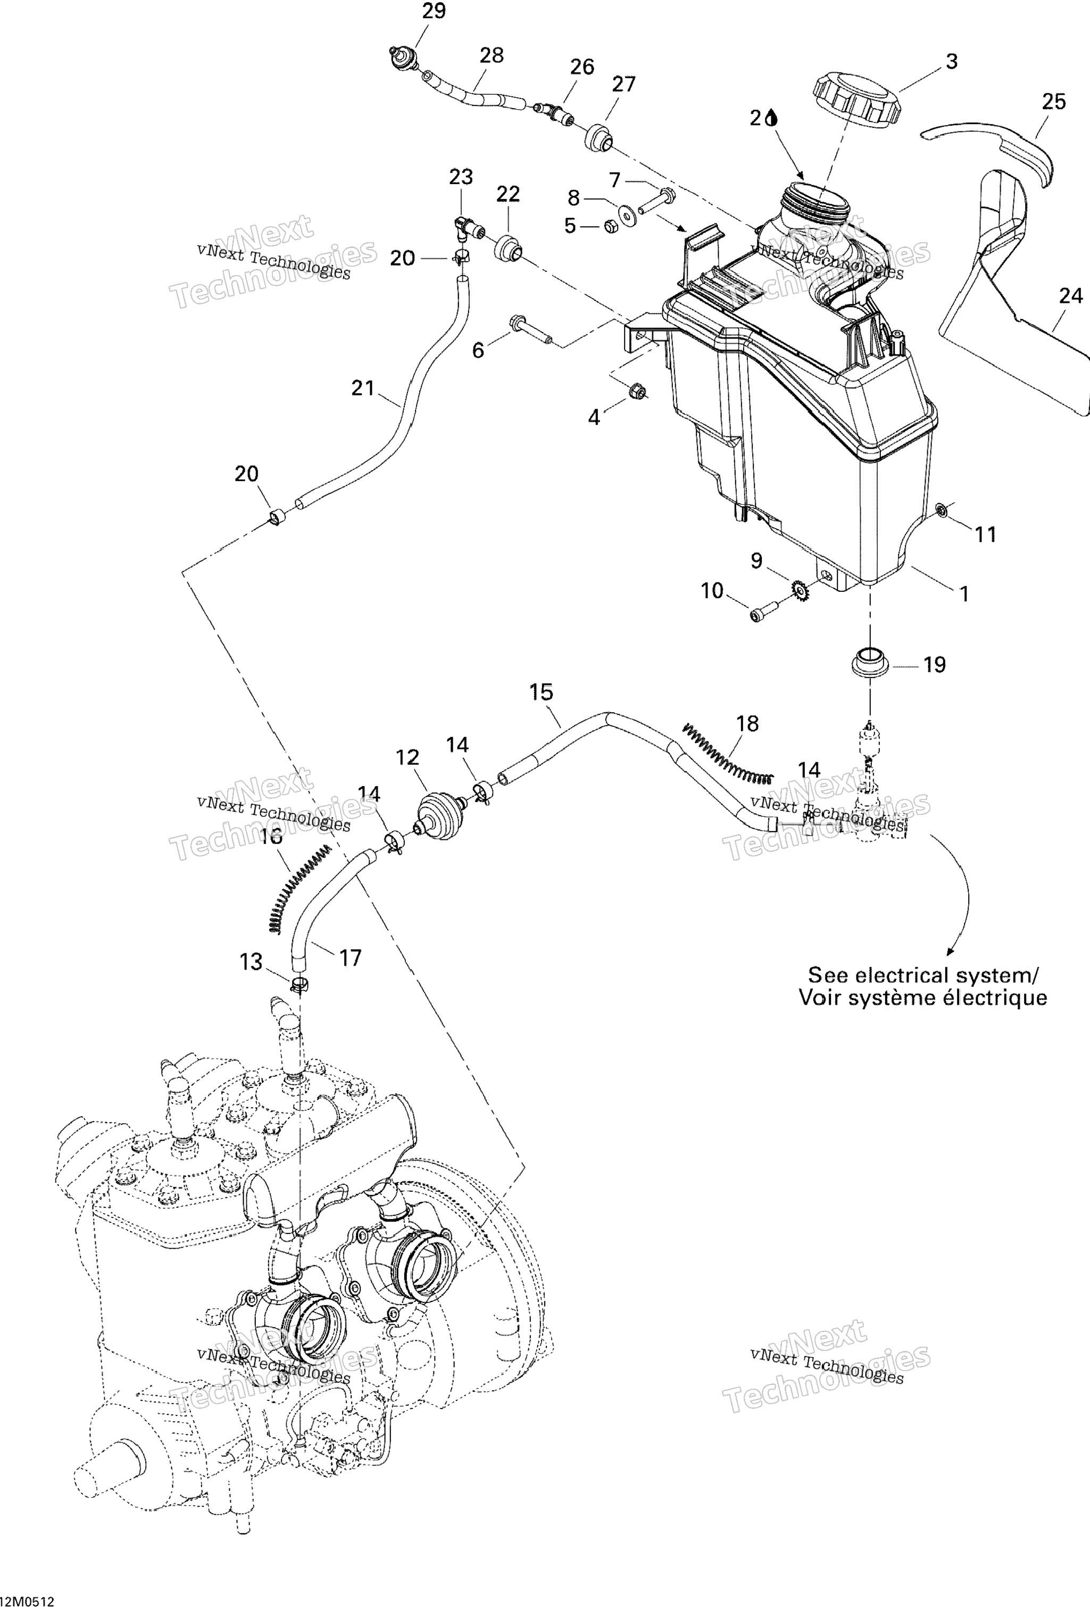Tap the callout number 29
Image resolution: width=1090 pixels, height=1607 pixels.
(x=434, y=11)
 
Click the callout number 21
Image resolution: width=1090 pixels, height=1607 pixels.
(x=363, y=389)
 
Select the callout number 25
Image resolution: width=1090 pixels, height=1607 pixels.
(x=1053, y=102)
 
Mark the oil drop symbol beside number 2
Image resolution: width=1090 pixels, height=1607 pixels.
(x=772, y=119)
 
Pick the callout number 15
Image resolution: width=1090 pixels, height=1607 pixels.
(x=541, y=692)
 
